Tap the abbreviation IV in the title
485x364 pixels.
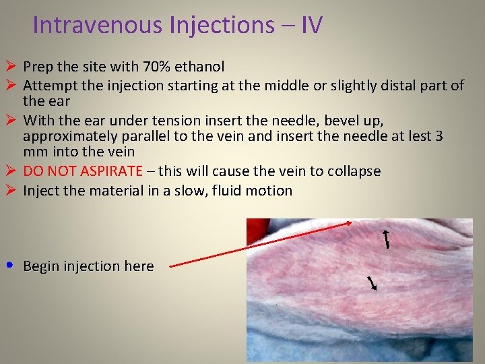pos(311,25)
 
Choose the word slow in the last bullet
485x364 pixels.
pos(187,191)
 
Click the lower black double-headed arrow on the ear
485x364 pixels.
pos(371,282)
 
